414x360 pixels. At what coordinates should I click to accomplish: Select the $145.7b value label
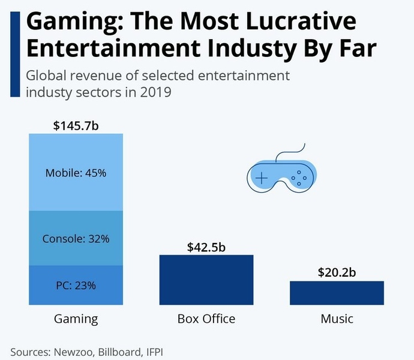click(76, 126)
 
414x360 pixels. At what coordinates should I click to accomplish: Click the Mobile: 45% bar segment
click(76, 173)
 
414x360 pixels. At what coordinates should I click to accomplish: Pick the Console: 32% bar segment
click(76, 238)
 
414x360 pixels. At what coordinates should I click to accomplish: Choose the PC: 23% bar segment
click(76, 286)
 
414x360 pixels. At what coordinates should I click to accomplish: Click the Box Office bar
click(206, 280)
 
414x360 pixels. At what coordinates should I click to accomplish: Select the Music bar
click(337, 293)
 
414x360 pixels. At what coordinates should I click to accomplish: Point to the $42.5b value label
click(206, 247)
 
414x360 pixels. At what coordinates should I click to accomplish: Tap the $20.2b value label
click(337, 272)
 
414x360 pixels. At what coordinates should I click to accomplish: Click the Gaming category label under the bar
click(76, 318)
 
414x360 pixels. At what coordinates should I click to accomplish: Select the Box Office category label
click(206, 318)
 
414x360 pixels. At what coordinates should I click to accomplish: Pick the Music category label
click(337, 318)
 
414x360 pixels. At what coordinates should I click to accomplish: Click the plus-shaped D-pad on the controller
click(262, 178)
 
